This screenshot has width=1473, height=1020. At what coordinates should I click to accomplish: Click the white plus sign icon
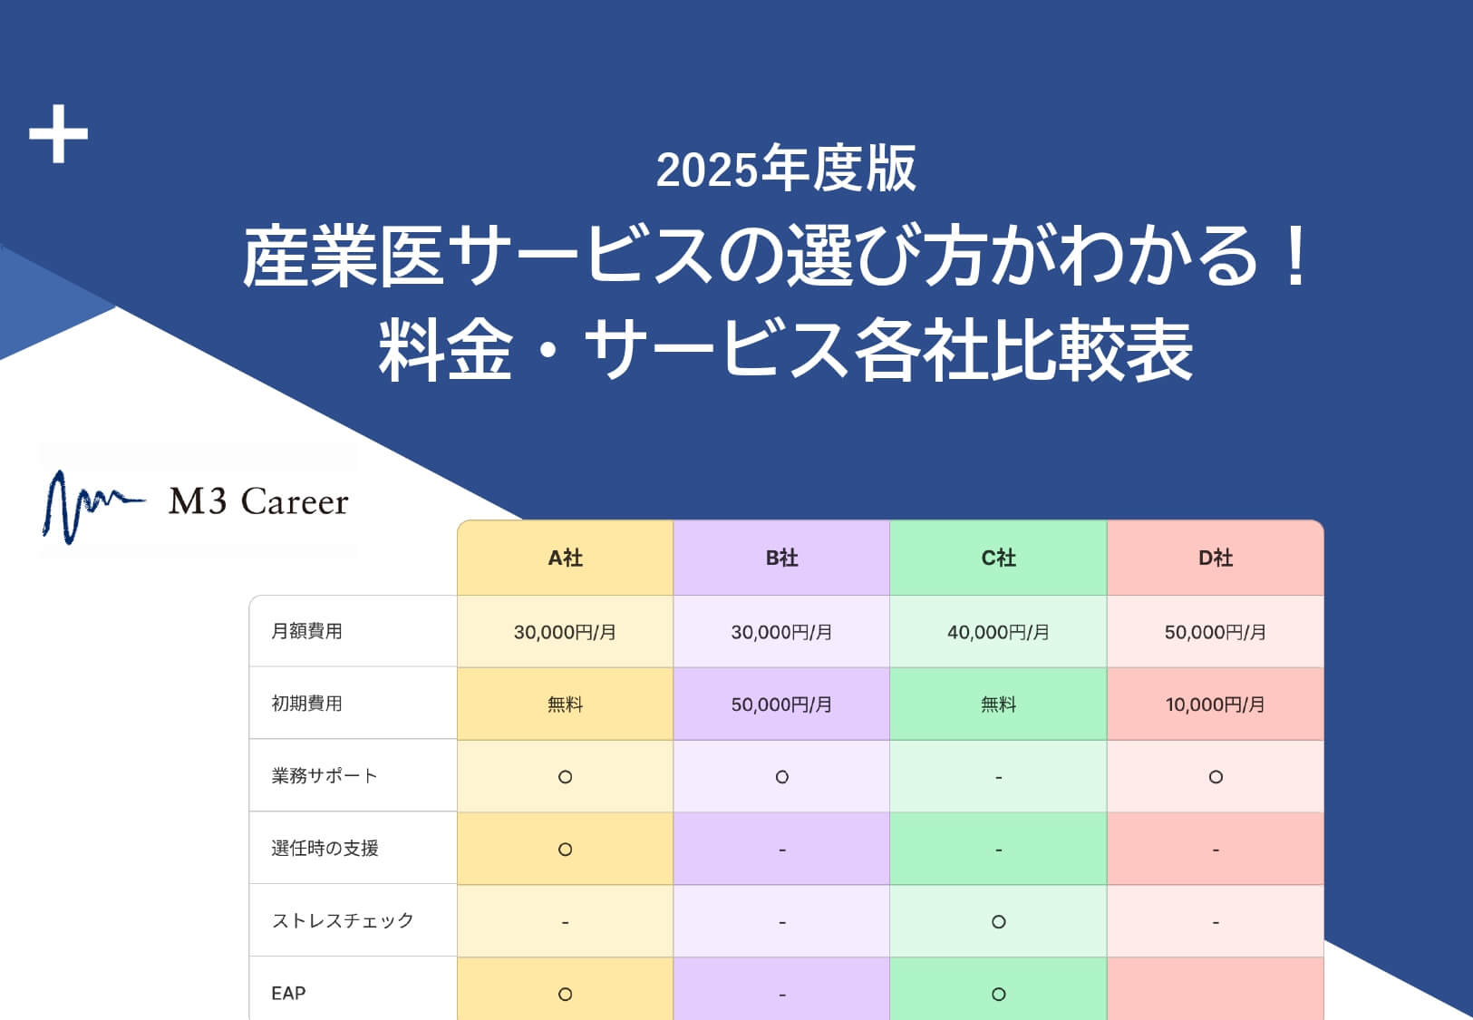tap(59, 133)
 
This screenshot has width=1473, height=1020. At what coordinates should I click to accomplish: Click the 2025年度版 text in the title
tap(786, 169)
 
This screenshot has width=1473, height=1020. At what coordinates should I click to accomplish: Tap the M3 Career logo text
tap(258, 501)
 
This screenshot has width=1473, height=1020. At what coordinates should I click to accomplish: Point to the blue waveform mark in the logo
tap(92, 507)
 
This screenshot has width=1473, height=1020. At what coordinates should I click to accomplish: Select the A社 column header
tap(566, 559)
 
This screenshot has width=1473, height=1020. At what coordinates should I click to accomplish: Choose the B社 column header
tap(782, 559)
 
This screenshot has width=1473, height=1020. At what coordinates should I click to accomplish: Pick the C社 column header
tap(999, 559)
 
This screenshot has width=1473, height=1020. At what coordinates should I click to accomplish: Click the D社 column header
tap(1216, 559)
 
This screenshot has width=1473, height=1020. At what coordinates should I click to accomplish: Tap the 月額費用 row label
tap(307, 631)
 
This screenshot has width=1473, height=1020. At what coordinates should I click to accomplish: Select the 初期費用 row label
tap(307, 704)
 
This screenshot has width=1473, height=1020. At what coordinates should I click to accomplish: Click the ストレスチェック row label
tap(343, 920)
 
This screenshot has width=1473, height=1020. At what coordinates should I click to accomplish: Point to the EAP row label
tap(288, 993)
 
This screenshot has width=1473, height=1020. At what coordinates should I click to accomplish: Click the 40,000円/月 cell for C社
tap(998, 633)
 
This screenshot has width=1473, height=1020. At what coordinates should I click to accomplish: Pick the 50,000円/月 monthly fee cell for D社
tap(1216, 633)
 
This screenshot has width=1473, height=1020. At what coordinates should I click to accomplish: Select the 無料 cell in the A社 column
tap(565, 705)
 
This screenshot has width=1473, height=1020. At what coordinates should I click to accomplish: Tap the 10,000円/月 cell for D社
tap(1216, 705)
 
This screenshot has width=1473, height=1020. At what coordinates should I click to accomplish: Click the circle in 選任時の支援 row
tap(565, 850)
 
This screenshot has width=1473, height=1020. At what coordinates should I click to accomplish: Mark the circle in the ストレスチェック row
tap(999, 922)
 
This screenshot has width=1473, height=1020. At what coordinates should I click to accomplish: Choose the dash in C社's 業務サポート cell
tap(999, 778)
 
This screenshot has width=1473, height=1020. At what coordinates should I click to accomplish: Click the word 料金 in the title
tap(446, 349)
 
